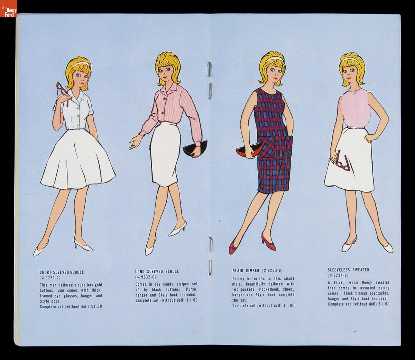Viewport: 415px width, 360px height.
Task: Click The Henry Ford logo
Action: pos(8,8)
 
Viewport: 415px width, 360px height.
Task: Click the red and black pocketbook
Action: pos(249,150)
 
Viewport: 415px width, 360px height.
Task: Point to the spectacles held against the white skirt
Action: pos(342,161)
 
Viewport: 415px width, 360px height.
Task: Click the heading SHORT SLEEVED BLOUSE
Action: pos(62,272)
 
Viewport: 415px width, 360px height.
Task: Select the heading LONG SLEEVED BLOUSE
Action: pos(157,272)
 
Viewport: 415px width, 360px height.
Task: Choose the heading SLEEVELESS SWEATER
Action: pos(349,270)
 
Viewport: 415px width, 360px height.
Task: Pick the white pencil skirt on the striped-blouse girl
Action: pos(165,154)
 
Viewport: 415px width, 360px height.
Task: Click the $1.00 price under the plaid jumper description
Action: pos(289,306)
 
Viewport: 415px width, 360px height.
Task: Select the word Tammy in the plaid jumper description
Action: pos(238,279)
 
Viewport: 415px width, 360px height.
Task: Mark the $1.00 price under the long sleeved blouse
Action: pos(192,300)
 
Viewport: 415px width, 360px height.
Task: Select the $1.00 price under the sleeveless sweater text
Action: pos(384,304)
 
